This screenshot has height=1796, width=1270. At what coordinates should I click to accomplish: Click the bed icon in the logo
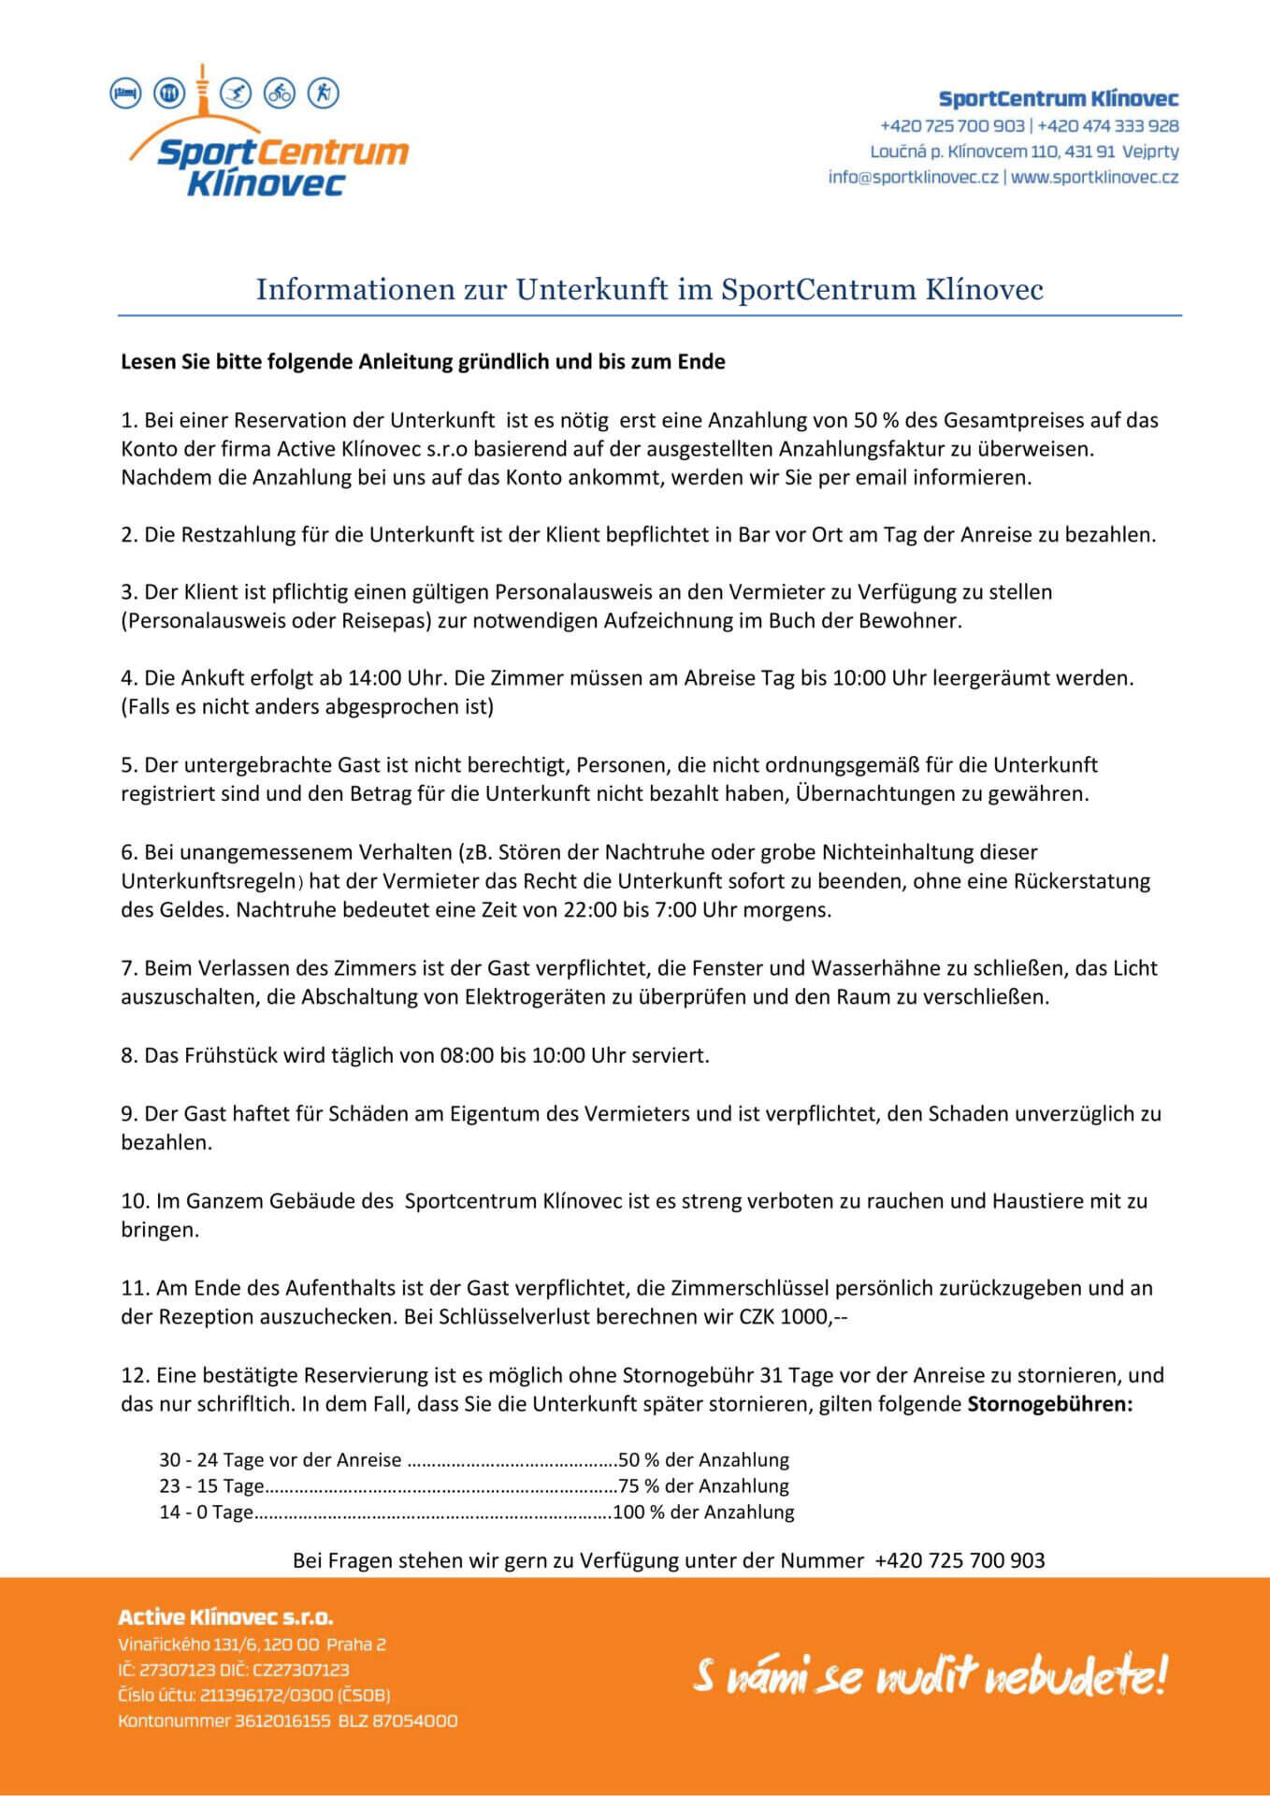click(x=125, y=94)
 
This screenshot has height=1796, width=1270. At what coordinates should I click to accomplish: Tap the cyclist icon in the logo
click(x=280, y=93)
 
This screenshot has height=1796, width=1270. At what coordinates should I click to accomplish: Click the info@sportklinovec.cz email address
click(x=913, y=177)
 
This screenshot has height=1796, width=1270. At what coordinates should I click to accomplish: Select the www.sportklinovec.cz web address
click(x=1094, y=177)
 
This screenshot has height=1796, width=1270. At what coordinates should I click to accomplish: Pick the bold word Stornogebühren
click(x=1049, y=1404)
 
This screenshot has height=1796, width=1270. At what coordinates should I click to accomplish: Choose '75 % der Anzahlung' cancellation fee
click(x=703, y=1485)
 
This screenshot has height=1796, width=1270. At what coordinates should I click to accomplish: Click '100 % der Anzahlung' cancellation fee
click(x=703, y=1512)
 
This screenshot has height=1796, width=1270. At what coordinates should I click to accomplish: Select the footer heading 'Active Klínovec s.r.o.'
click(x=225, y=1617)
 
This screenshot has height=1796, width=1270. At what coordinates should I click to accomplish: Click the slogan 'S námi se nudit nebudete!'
click(x=930, y=1675)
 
